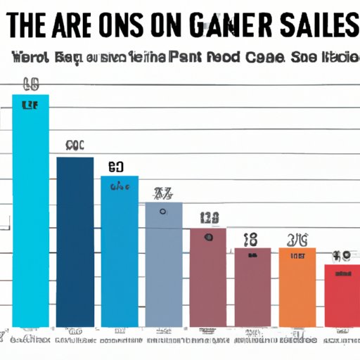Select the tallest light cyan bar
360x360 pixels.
tap(31, 211)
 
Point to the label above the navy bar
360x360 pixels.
tap(75, 146)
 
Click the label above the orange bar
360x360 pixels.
tap(297, 239)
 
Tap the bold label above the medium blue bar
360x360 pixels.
tap(116, 167)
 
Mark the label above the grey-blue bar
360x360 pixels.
tap(164, 193)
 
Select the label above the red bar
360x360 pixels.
tap(342, 256)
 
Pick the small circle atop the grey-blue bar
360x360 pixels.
tap(163, 211)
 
